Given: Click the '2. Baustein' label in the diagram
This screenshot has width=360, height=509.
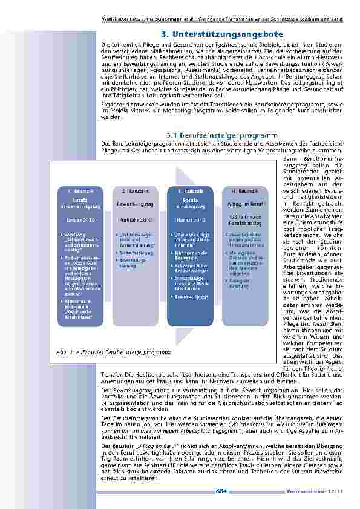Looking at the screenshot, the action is tap(133, 191).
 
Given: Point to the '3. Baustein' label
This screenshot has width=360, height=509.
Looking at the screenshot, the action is tap(191, 191).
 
